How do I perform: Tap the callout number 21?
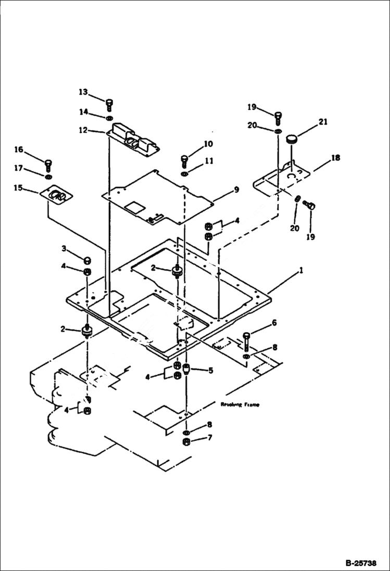pos(323,123)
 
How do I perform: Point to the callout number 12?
pos(84,131)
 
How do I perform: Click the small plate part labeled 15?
pos(57,196)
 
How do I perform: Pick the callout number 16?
pos(19,150)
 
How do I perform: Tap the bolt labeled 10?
pos(184,159)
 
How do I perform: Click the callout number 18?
pos(336,158)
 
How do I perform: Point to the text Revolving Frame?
pos(240,404)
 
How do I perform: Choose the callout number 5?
pos(211,371)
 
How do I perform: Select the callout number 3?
pos(64,248)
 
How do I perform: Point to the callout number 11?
pos(208,161)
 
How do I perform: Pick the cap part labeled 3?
pos(87,260)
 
